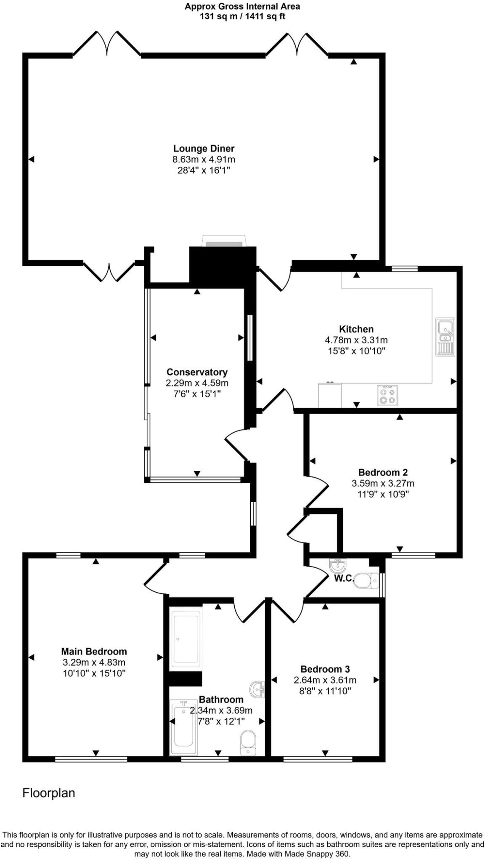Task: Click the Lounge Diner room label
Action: tap(204, 149)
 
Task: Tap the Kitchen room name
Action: tap(356, 329)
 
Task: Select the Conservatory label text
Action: tap(197, 372)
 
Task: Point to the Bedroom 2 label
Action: tap(383, 472)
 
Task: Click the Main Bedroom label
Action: tap(94, 652)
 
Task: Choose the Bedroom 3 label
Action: tap(325, 669)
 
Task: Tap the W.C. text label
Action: tap(344, 578)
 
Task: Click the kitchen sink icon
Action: tap(445, 336)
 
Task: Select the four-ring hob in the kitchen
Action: tap(388, 395)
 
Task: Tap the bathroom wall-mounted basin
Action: tap(257, 689)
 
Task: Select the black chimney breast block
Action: tap(223, 267)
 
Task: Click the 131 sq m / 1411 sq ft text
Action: tap(242, 17)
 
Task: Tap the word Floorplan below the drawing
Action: tap(48, 793)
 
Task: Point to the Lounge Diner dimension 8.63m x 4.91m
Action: tap(204, 160)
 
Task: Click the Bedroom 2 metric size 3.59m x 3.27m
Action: tap(383, 483)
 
